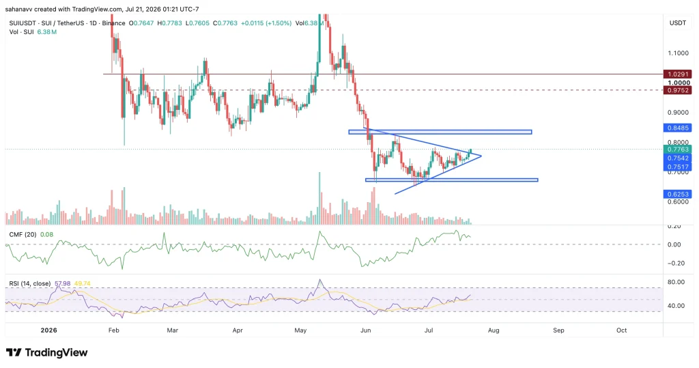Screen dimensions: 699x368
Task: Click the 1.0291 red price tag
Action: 678,74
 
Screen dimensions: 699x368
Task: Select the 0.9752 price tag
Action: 678,90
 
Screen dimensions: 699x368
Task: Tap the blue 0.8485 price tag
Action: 678,128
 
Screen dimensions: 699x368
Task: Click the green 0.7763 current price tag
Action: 678,150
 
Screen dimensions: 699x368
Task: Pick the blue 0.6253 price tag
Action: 678,194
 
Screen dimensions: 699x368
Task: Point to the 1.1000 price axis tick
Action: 678,53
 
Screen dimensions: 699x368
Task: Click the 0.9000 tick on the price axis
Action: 678,113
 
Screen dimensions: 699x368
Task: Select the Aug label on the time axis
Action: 494,330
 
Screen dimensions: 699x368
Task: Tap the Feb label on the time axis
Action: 114,330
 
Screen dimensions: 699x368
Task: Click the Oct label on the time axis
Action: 621,330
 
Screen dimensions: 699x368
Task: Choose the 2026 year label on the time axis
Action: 48,330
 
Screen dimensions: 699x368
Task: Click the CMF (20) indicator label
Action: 23,234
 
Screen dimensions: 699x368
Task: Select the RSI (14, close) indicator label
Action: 30,283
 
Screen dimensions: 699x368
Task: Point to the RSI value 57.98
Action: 63,283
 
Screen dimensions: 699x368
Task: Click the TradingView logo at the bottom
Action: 47,352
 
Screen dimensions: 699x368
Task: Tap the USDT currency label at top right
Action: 678,23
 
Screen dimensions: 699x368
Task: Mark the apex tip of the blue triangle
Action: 481,156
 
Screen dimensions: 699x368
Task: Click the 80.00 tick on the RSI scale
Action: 676,282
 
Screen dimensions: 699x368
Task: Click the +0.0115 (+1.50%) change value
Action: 266,23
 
